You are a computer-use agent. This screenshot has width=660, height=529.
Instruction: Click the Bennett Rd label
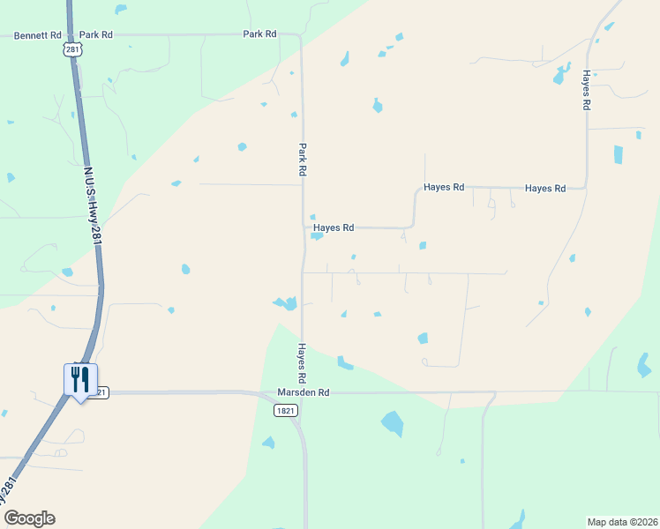coord(37,35)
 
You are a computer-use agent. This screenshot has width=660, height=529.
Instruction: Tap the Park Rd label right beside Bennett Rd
coord(96,35)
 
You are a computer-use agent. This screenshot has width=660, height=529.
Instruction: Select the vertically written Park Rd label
coord(302,160)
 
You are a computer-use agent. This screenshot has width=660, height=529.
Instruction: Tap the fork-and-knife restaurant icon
coord(80,380)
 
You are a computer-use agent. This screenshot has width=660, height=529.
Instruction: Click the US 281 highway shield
coord(72,50)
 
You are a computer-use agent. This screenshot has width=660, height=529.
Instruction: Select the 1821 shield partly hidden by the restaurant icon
coord(102,392)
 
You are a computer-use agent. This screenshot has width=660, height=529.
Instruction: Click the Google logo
coord(29,518)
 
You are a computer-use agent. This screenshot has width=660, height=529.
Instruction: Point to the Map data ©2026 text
coord(621,522)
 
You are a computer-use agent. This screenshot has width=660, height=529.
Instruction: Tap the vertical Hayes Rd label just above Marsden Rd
coord(302,357)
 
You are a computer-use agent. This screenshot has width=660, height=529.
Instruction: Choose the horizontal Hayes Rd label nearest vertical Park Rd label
coord(334,227)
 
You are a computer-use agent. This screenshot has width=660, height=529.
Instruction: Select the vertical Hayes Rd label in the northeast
coord(585,89)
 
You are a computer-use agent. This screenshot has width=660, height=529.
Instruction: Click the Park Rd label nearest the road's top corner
coord(260,34)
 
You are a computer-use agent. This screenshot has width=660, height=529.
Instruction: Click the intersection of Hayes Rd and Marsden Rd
coord(301,393)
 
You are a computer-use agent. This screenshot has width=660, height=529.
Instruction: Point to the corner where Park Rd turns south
coord(300,37)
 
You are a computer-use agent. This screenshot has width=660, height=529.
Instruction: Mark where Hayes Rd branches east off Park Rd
coord(304,228)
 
